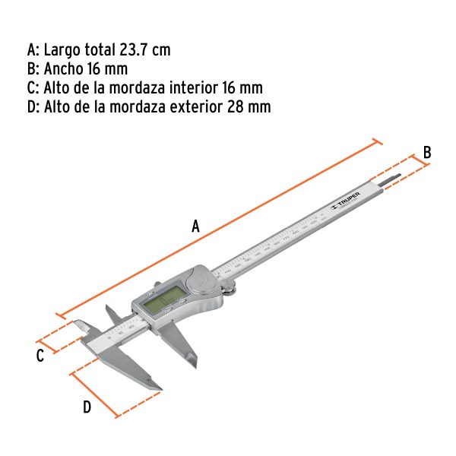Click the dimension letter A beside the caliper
pyautogui.click(x=195, y=225)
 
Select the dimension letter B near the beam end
pyautogui.click(x=427, y=152)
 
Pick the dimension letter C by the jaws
pyautogui.click(x=40, y=356)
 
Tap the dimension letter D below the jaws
pyautogui.click(x=87, y=407)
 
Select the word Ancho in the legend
pyautogui.click(x=63, y=69)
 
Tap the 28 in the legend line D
pyautogui.click(x=236, y=106)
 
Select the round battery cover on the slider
pyautogui.click(x=201, y=283)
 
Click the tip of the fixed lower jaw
pyautogui.click(x=160, y=391)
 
